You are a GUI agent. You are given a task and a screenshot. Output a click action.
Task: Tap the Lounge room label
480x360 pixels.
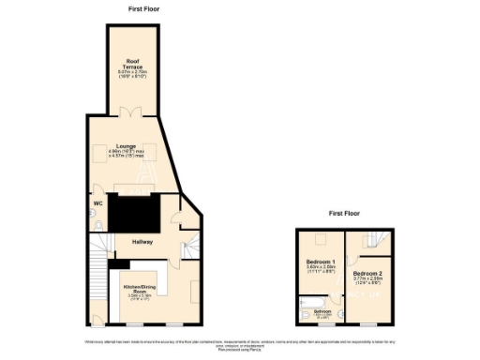127,146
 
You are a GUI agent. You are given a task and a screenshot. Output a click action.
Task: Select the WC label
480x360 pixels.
97,203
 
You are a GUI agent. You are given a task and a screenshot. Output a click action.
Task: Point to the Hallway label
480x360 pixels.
142,242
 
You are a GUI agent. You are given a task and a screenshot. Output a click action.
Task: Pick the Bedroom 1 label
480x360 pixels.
321,262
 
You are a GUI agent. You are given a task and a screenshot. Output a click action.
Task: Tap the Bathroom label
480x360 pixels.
322,310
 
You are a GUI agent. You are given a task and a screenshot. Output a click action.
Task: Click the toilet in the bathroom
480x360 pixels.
301,316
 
